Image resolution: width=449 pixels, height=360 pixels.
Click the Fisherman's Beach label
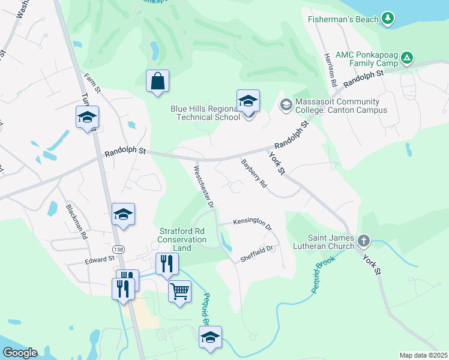(343, 19)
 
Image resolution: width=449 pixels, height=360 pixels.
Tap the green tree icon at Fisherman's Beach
(388, 19)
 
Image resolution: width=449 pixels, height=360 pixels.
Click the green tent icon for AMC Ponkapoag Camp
(408, 58)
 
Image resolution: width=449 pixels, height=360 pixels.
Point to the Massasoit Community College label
(336, 106)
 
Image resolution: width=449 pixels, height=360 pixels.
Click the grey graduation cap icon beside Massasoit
(285, 106)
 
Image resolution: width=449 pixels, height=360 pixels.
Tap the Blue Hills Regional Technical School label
(205, 113)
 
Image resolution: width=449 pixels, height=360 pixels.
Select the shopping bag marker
(157, 81)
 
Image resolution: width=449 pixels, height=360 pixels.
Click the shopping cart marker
(180, 292)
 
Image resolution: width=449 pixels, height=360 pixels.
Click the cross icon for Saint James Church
(363, 241)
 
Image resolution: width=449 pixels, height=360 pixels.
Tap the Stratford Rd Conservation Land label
(182, 239)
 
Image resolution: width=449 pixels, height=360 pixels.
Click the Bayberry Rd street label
(253, 173)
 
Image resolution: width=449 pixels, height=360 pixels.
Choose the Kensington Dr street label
(252, 223)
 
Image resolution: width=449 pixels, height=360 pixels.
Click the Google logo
(20, 353)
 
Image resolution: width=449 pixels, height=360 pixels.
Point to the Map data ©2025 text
(423, 355)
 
